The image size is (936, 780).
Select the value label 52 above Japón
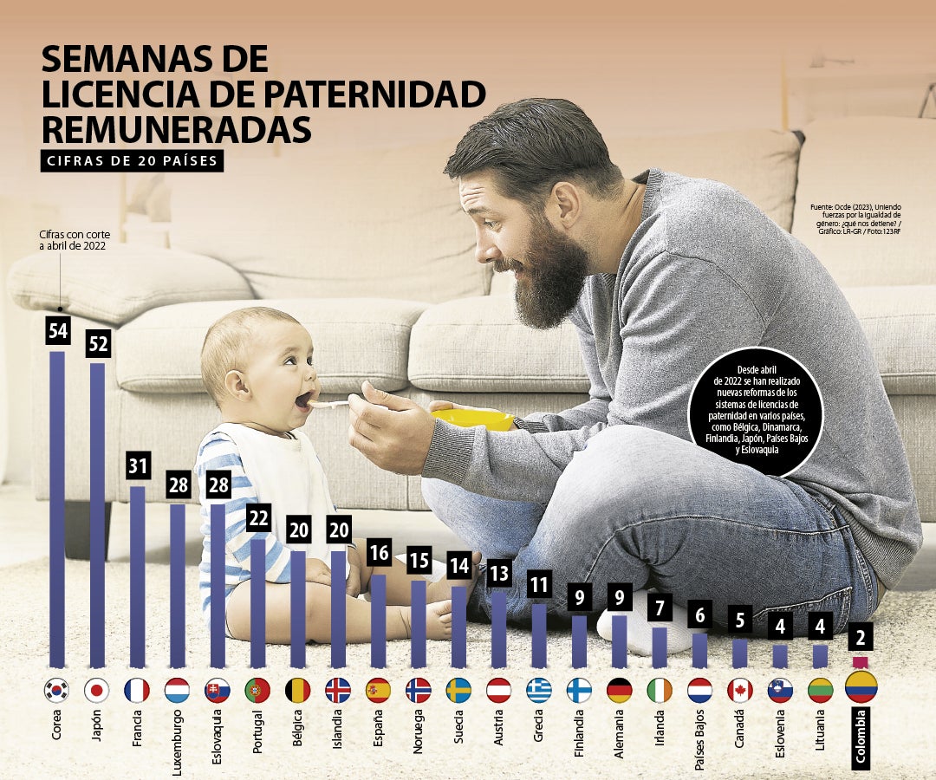(x=97, y=344)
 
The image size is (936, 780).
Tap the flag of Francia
(x=137, y=690)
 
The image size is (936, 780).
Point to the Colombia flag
(x=861, y=686)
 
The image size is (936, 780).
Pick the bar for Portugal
(x=257, y=602)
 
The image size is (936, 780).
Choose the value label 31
(x=137, y=466)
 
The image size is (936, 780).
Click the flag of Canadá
(x=739, y=690)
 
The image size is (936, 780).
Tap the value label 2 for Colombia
(x=861, y=636)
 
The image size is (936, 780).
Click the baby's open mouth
(x=302, y=400)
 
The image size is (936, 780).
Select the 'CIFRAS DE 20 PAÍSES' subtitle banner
(x=132, y=161)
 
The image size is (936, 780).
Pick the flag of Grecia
(x=538, y=690)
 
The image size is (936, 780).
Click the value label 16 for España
(x=378, y=553)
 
